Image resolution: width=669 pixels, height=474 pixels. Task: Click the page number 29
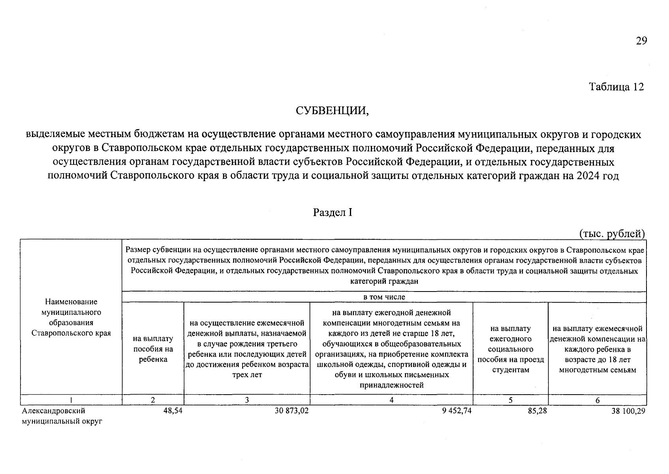641,41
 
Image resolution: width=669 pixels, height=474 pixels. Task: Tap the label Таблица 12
616,87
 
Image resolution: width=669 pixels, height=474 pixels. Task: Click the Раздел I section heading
333,213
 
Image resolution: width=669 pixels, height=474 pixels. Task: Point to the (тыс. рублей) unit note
612,234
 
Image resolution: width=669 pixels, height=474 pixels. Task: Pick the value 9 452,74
457,411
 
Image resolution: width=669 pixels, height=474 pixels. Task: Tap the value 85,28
537,411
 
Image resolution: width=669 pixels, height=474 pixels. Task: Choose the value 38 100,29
628,411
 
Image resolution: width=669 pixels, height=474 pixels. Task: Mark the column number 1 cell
71,400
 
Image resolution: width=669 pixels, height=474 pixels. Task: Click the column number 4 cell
391,400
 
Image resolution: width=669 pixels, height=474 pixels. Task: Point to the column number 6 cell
598,400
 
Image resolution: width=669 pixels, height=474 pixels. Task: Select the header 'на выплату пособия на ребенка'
153,349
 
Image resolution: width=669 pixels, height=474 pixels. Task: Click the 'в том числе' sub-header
384,297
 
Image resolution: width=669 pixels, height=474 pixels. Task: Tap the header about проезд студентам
511,349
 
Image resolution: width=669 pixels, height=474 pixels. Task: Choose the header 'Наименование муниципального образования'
71,318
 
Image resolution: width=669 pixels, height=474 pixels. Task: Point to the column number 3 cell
247,400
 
